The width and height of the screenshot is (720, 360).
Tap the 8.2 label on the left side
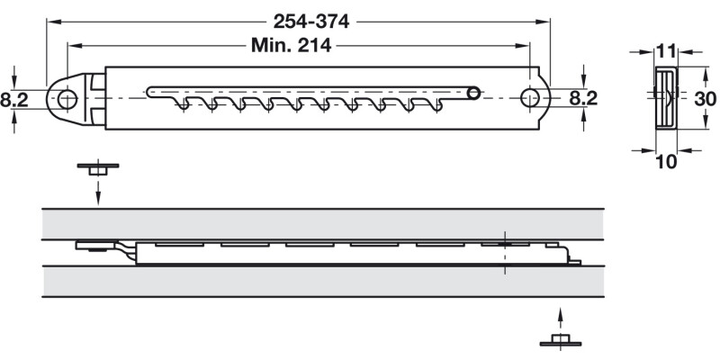14,99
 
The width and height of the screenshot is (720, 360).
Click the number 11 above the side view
666,51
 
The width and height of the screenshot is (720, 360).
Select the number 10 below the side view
666,161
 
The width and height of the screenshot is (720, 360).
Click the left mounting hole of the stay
67,99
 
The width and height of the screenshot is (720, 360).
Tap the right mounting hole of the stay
530,98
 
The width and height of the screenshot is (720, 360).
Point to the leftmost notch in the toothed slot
186,105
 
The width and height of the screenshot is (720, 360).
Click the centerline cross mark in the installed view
505,244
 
